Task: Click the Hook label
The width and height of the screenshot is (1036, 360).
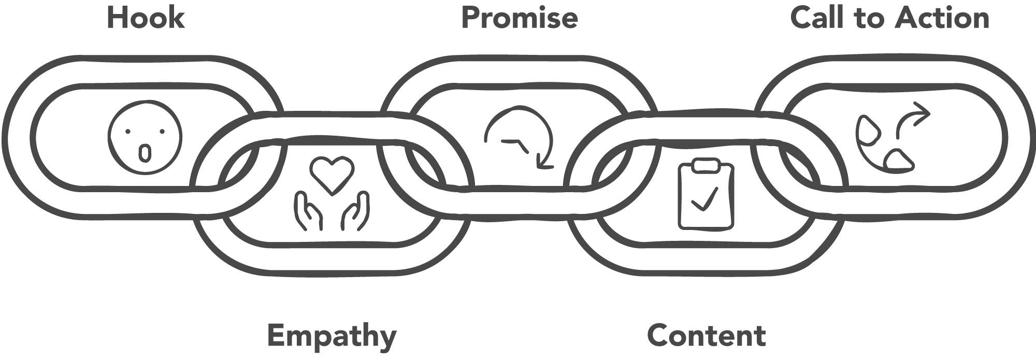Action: click(x=146, y=18)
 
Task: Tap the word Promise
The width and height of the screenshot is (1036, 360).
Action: click(x=519, y=18)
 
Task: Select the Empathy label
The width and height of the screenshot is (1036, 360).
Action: click(x=332, y=337)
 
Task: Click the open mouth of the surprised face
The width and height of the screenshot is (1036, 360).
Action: click(x=145, y=152)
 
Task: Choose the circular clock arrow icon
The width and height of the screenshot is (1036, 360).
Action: click(x=520, y=138)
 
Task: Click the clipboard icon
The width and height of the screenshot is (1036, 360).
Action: click(x=706, y=195)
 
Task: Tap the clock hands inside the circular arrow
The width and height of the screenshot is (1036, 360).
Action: click(x=518, y=145)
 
